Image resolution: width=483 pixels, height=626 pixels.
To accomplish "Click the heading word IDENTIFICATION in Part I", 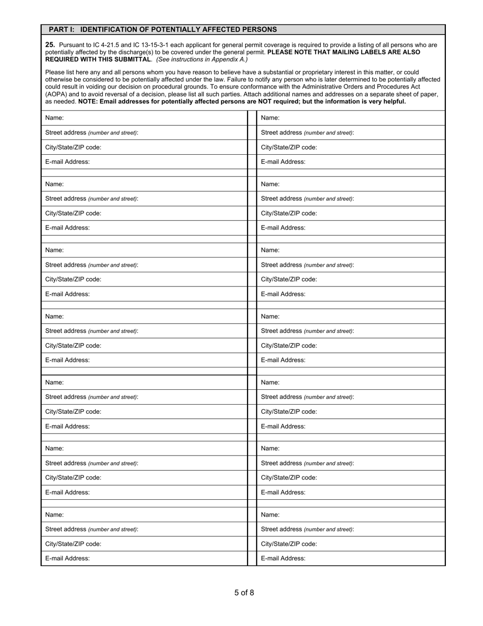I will click(107, 30).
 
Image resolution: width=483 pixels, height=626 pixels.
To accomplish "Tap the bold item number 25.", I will click(50, 45).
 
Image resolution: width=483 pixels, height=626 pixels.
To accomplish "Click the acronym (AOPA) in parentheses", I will click(57, 94).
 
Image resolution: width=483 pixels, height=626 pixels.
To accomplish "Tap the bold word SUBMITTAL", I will click(133, 59).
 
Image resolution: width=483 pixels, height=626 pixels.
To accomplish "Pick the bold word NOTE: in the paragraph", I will click(88, 101).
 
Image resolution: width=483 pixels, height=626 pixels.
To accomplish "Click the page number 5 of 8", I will click(244, 592).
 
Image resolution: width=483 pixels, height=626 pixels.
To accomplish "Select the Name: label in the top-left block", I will click(54, 118).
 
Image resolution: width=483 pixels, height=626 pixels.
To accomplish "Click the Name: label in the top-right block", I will click(270, 118).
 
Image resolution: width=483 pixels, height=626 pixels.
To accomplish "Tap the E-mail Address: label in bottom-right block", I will click(283, 558).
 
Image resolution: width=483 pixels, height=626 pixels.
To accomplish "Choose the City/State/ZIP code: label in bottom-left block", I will click(73, 544).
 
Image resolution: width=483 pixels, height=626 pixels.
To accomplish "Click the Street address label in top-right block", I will click(281, 133).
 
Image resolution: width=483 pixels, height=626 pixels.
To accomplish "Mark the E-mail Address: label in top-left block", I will click(68, 162).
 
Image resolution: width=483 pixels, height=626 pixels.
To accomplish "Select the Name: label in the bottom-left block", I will click(54, 515).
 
